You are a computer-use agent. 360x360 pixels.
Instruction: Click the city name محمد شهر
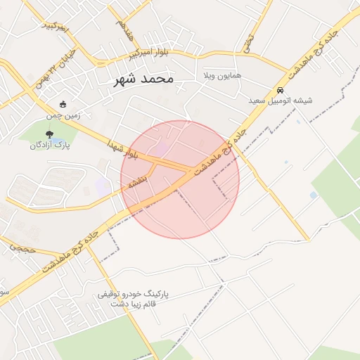click(143, 79)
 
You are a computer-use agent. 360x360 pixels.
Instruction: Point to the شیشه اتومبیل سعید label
click(280, 101)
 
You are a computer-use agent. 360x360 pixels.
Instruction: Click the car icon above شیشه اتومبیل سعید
click(280, 91)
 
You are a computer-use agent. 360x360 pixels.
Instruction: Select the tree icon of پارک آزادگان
click(49, 134)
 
